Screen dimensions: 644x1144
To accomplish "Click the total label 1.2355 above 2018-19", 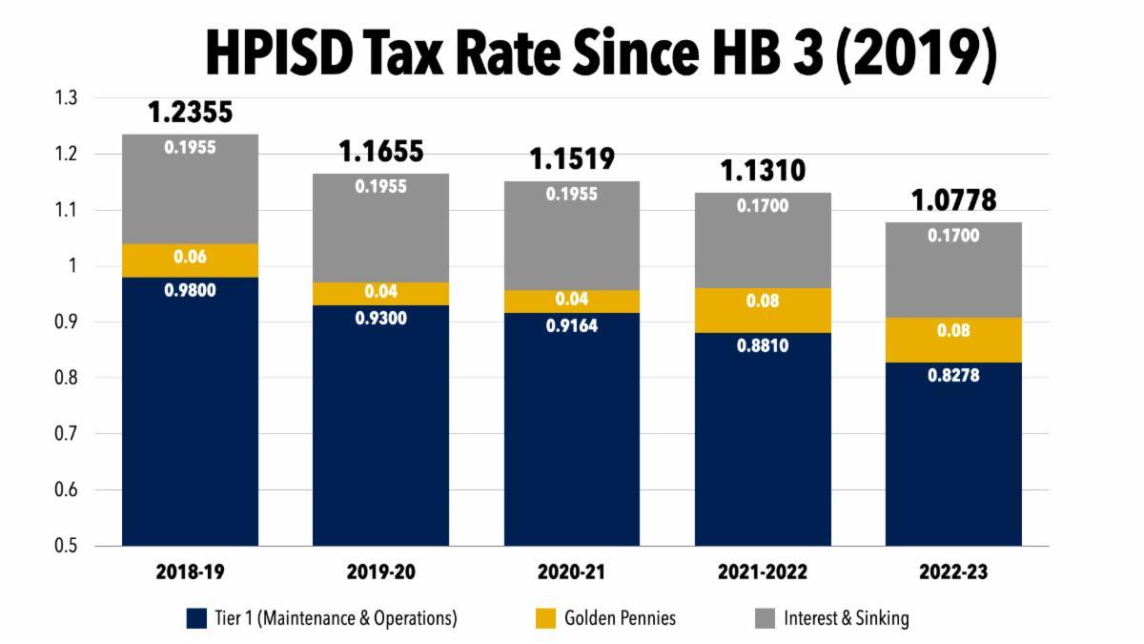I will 190,113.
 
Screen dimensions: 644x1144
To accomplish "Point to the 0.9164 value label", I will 572,325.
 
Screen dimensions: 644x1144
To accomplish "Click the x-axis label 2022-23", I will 953,572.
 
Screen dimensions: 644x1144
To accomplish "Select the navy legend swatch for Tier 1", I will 197,618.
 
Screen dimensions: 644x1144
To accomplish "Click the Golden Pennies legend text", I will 620,618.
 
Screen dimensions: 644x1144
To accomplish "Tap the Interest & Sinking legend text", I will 847,618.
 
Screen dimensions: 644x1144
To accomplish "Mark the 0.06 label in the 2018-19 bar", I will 191,257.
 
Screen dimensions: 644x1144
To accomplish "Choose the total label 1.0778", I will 953,200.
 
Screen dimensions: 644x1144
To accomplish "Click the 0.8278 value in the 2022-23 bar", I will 953,375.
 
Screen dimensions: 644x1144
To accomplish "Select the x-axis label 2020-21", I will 572,572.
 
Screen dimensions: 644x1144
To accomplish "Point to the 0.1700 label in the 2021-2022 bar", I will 763,205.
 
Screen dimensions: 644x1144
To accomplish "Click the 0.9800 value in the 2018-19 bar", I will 191,290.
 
